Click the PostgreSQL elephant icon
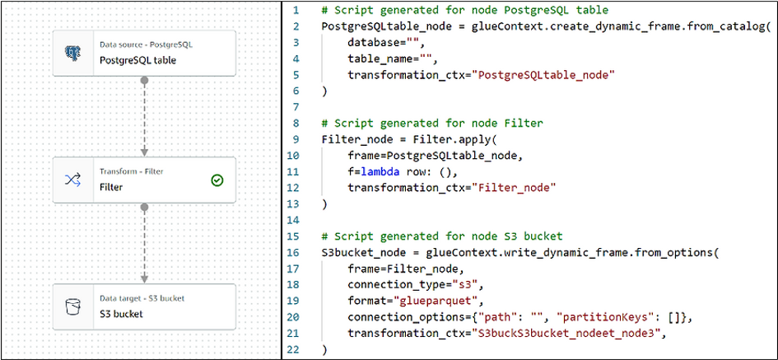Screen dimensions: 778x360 pyautogui.click(x=72, y=53)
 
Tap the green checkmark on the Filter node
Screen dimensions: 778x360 pyautogui.click(x=217, y=180)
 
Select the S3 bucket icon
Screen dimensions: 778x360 pyautogui.click(x=72, y=307)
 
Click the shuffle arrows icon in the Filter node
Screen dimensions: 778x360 pyautogui.click(x=72, y=180)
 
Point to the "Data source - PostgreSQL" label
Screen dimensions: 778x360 pyautogui.click(x=146, y=44)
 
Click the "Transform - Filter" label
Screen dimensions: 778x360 pyautogui.click(x=132, y=172)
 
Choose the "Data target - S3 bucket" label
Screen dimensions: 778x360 pyautogui.click(x=142, y=298)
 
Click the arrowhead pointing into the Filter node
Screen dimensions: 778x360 pyautogui.click(x=144, y=152)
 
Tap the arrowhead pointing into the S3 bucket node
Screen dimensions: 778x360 pyautogui.click(x=144, y=278)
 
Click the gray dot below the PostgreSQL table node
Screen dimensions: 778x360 pyautogui.click(x=144, y=79)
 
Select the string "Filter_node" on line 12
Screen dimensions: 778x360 pyautogui.click(x=514, y=188)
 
